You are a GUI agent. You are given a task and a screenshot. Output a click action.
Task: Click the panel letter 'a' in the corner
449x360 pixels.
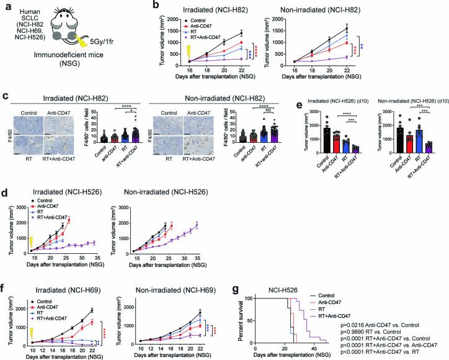[x=4, y=6]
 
